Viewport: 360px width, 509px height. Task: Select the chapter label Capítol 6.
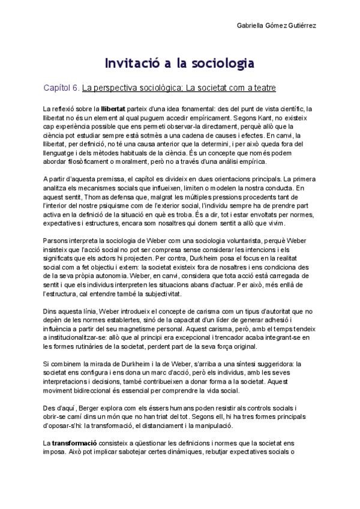pyautogui.click(x=61, y=88)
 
